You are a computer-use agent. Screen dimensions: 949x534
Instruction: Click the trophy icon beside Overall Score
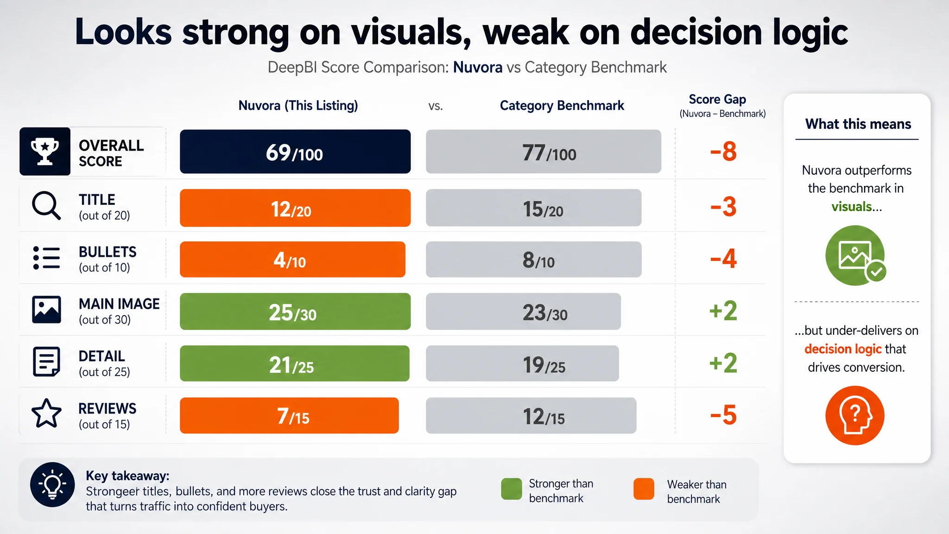(x=45, y=152)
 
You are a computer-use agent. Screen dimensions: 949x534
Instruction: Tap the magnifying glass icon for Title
(x=46, y=205)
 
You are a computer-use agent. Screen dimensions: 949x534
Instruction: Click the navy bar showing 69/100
(x=295, y=152)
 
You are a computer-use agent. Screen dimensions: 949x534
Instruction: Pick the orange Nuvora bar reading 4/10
(x=292, y=260)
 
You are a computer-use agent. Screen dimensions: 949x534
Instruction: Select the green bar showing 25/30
(x=295, y=311)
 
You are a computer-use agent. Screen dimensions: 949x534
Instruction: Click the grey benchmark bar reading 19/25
(x=522, y=363)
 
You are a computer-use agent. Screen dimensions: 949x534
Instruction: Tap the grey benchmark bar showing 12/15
(x=531, y=416)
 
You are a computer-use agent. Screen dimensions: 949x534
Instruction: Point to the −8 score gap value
(x=723, y=152)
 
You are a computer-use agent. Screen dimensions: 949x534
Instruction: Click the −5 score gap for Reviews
(x=723, y=415)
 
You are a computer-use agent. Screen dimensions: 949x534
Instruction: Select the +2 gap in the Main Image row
(x=723, y=311)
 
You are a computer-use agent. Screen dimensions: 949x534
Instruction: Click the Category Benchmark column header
(x=562, y=106)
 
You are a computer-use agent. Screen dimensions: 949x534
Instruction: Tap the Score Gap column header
(x=718, y=99)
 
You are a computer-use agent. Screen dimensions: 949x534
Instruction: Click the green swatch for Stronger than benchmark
(x=512, y=489)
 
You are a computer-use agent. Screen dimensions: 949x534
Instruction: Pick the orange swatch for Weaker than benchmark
(x=644, y=489)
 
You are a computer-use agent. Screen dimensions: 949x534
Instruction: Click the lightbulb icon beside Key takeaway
(x=52, y=484)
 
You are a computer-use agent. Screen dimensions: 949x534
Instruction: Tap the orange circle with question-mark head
(x=855, y=415)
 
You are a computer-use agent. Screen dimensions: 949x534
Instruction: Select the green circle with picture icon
(x=855, y=255)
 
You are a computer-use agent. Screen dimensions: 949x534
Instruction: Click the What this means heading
(x=858, y=124)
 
